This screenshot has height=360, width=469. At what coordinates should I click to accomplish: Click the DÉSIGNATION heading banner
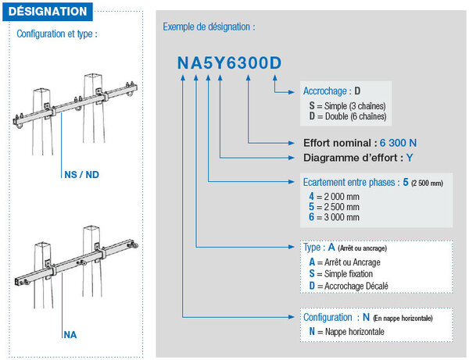48,12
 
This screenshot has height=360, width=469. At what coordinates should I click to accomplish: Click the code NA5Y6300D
229,62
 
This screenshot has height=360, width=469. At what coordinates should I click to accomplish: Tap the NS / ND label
81,174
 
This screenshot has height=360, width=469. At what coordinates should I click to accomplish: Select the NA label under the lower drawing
70,334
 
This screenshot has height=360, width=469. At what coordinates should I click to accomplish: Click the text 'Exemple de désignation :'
209,27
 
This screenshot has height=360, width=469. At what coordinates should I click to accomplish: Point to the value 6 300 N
398,143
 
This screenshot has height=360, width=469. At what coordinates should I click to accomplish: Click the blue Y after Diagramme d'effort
410,158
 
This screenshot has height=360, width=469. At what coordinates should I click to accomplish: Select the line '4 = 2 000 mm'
334,197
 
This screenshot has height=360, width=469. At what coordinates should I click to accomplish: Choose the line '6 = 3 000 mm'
334,217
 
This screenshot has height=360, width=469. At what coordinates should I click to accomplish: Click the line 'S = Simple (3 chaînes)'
348,105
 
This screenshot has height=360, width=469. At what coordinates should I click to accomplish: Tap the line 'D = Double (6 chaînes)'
348,116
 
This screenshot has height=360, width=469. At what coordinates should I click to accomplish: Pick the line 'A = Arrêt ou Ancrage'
345,262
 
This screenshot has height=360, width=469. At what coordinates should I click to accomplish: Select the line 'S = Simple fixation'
341,273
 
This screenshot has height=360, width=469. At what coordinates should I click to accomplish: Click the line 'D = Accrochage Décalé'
349,286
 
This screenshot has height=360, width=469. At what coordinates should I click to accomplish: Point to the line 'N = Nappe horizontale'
346,331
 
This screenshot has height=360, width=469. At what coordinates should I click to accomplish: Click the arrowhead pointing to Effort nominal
292,143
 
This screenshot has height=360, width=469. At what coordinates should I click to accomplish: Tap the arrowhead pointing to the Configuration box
292,317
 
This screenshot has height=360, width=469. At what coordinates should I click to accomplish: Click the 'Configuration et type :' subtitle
57,34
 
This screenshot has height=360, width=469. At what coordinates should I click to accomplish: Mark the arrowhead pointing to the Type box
292,247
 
